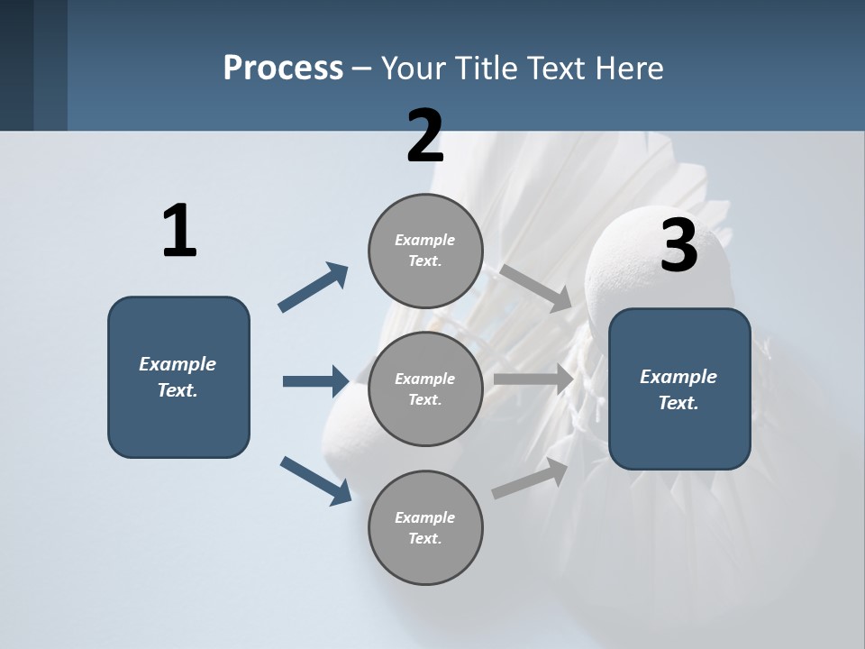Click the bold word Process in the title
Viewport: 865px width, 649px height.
(x=283, y=68)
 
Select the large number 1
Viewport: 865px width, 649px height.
(x=179, y=232)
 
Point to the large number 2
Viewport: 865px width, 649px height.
(x=425, y=136)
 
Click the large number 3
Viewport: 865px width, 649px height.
(x=678, y=246)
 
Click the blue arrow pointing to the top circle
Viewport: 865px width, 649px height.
(x=314, y=288)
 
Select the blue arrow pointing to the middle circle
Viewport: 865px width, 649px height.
(x=315, y=381)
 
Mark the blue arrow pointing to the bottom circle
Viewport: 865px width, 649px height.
(x=315, y=480)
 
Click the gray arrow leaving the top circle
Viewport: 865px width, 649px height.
(x=535, y=288)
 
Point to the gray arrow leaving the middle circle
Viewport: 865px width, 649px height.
(x=533, y=379)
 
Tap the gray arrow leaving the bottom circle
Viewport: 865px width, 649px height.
(x=530, y=479)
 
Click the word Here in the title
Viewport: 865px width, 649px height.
(x=631, y=68)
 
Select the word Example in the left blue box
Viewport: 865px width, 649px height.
(x=178, y=364)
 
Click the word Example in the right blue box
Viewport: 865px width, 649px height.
(x=678, y=377)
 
